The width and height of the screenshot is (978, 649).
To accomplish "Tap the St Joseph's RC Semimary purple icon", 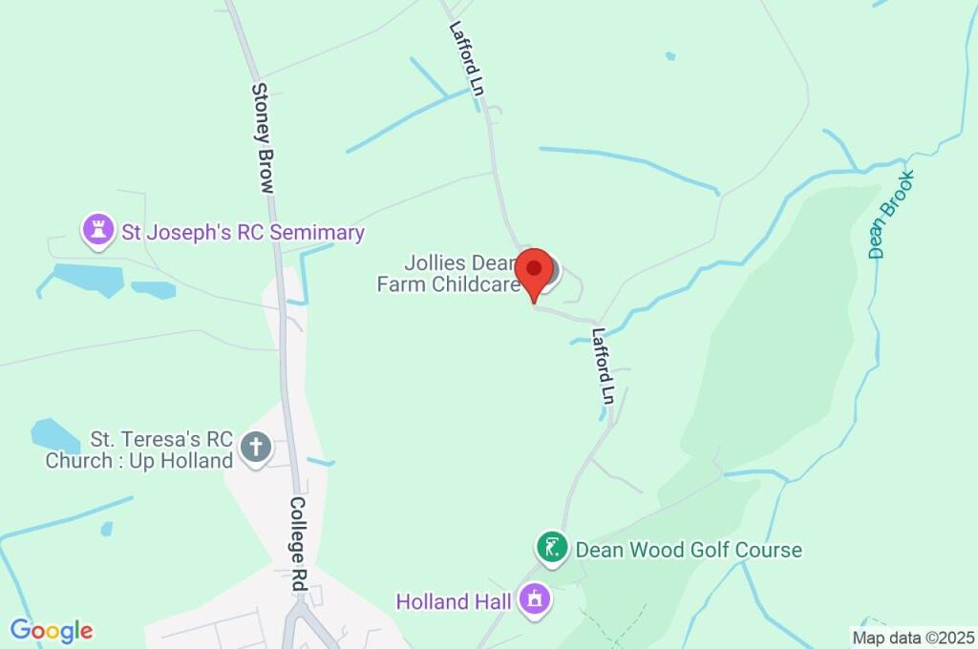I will tap(96, 230).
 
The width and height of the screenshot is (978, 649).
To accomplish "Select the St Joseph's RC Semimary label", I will tap(243, 232).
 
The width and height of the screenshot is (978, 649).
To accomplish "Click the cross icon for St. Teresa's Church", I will tap(256, 447).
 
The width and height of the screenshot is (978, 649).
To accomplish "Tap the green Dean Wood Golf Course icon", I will tap(551, 548).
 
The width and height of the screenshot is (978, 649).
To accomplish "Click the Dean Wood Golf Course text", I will tap(688, 550).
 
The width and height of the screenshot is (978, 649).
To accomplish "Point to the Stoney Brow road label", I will tap(263, 137).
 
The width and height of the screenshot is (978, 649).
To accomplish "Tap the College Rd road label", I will tap(297, 545).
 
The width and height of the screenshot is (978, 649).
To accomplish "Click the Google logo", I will tap(52, 631).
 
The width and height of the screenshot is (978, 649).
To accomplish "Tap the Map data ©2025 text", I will tap(913, 637).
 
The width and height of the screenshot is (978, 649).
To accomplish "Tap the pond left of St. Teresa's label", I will tap(54, 436).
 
